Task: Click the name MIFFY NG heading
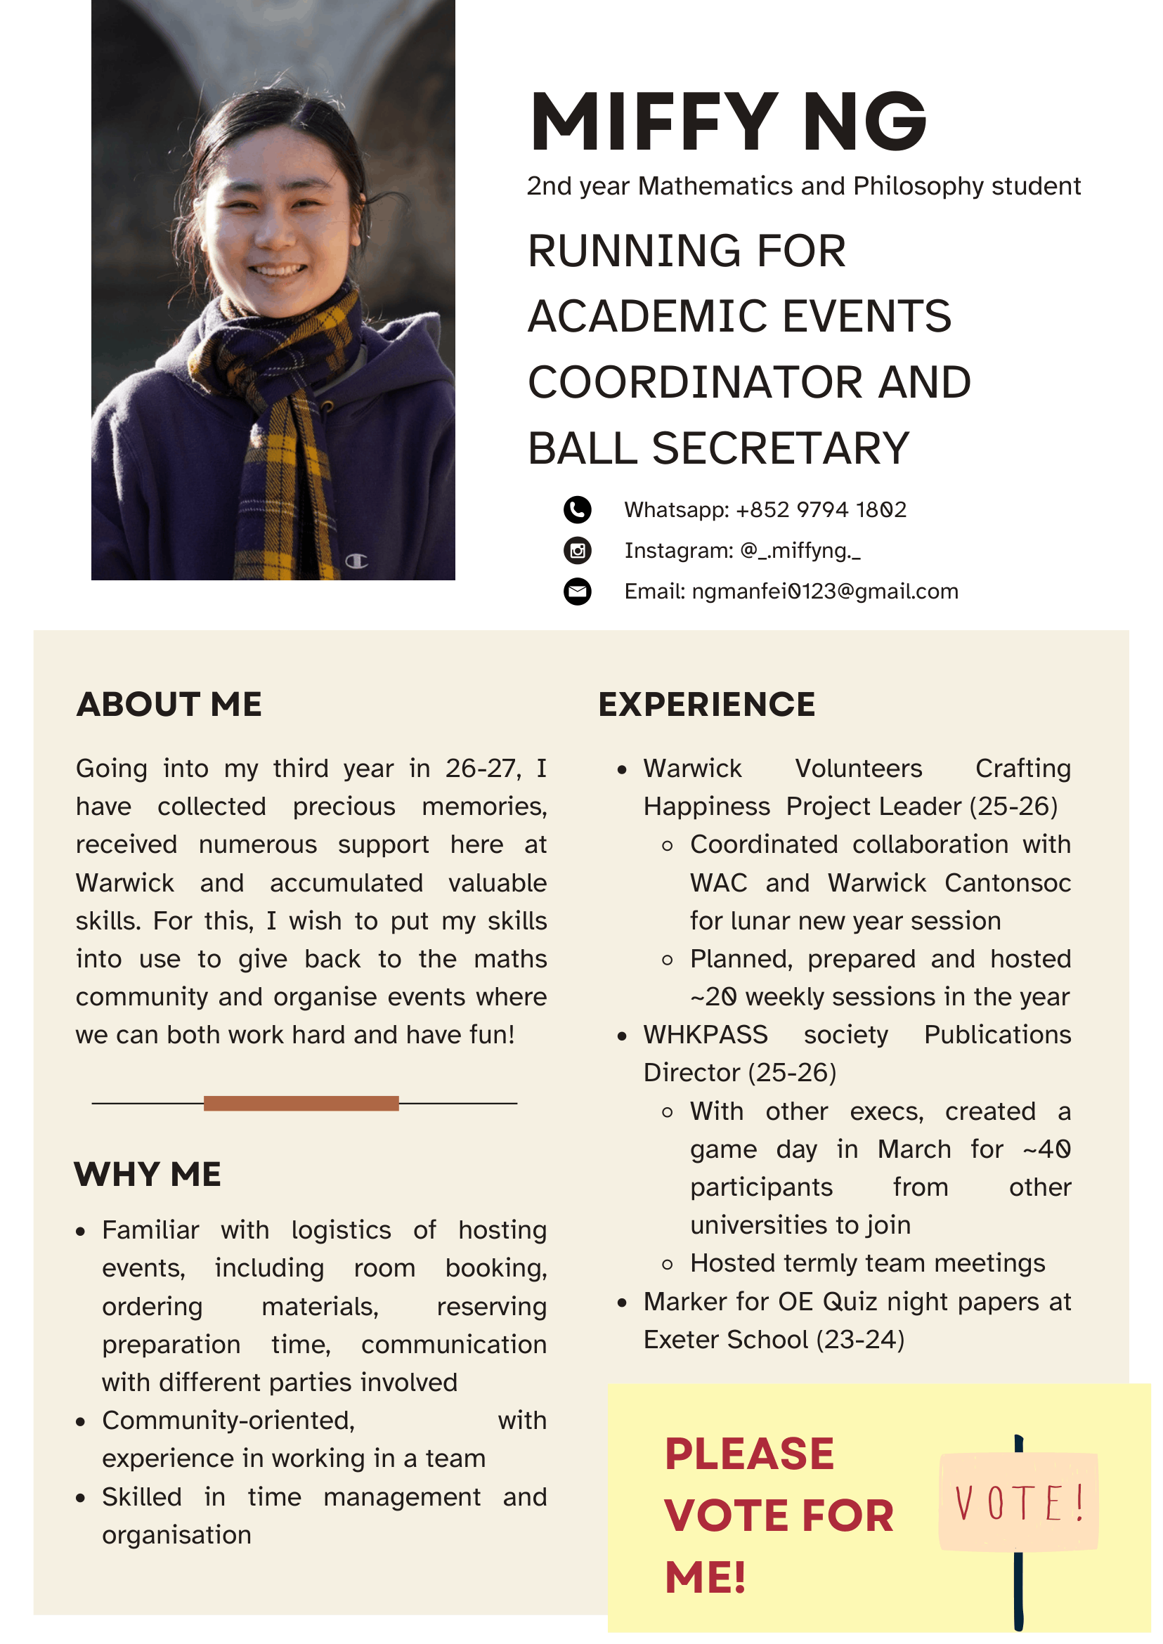point(727,122)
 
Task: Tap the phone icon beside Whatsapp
point(577,510)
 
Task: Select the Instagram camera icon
point(577,551)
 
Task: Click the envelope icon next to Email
point(577,592)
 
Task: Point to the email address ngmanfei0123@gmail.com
point(824,592)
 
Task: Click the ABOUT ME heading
point(169,705)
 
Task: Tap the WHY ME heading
point(148,1175)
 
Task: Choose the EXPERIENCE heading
point(706,705)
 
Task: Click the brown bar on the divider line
point(301,1104)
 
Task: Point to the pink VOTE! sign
point(1018,1501)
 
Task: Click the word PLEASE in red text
point(749,1454)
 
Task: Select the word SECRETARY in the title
point(780,448)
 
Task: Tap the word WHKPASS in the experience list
point(705,1035)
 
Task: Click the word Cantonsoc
point(1007,883)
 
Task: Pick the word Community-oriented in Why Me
point(228,1421)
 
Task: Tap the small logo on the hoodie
point(356,561)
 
